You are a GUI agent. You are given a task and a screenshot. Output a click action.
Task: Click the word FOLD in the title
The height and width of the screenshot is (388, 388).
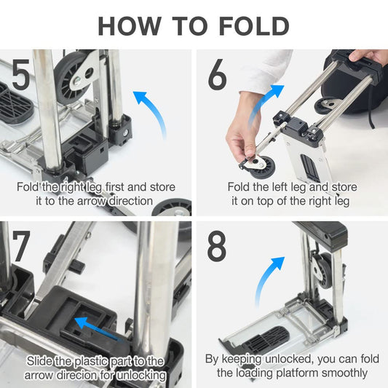point(254,26)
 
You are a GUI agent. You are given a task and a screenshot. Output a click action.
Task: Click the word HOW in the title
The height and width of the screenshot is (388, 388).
point(130,26)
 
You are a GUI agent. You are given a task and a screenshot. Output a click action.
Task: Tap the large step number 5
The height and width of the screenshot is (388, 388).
point(21,74)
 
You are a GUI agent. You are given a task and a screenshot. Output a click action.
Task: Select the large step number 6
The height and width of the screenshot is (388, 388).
point(217,74)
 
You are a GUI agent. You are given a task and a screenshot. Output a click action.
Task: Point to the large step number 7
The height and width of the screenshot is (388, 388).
point(21,246)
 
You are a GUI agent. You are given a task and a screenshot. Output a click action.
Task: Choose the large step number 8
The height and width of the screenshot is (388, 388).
point(217,246)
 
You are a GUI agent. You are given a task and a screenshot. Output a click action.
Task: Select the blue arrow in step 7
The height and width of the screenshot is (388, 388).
point(99,328)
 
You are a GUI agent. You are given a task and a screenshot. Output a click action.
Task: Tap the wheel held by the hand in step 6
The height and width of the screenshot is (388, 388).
point(261,166)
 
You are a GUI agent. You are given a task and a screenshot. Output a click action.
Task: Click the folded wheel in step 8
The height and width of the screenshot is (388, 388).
point(323,271)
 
